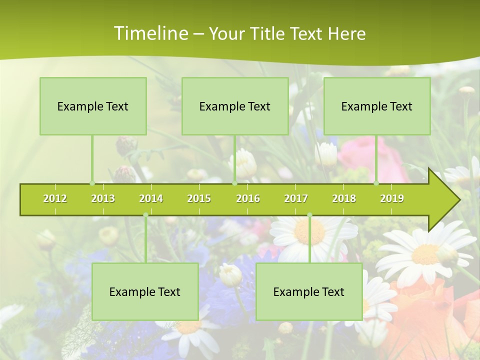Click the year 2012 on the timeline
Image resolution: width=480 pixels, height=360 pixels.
tap(55, 199)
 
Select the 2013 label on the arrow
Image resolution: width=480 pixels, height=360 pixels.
tap(103, 199)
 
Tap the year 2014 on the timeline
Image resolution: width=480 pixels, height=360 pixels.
tap(151, 199)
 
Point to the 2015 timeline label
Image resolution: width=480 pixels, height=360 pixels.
tap(199, 199)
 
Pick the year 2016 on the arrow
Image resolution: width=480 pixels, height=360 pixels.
tap(248, 199)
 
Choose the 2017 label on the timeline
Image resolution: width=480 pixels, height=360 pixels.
tap(296, 199)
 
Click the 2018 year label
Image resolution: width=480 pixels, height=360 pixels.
tap(344, 199)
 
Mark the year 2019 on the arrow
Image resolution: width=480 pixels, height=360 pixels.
tap(392, 199)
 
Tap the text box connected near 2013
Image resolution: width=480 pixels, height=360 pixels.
tap(93, 106)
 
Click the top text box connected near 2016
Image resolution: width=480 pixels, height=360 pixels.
tap(235, 106)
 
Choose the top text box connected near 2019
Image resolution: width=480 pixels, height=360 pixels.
tap(377, 106)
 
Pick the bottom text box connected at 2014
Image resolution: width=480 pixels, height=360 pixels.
tap(145, 291)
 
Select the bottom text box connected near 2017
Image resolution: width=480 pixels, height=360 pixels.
tap(309, 291)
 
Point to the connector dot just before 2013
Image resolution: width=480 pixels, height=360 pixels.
tap(92, 183)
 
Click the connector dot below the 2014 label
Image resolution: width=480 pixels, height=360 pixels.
tap(145, 215)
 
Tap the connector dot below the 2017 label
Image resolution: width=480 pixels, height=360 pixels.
tap(309, 215)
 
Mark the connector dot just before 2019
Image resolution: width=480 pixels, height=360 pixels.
tap(376, 183)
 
